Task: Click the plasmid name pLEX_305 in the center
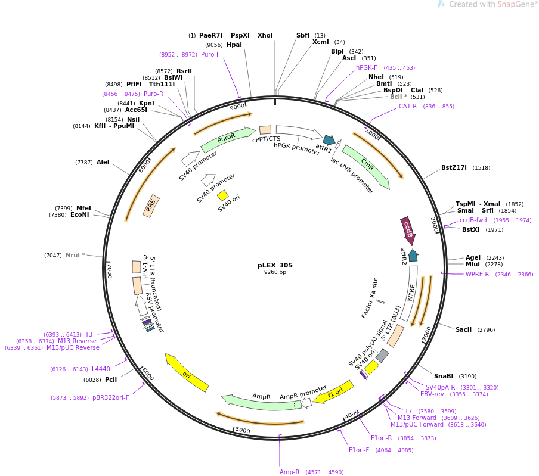(x=275, y=265)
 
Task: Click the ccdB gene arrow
(x=408, y=231)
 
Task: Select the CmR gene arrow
(x=366, y=166)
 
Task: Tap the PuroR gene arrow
(x=227, y=139)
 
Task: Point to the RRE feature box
(x=151, y=206)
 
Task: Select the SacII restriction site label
(x=463, y=329)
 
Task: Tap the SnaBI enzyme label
(x=443, y=376)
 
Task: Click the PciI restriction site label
(x=111, y=379)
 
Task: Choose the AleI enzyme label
(x=103, y=162)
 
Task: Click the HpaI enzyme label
(x=234, y=45)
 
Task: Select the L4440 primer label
(x=101, y=369)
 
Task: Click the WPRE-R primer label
(x=477, y=274)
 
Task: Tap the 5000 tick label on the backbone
(x=242, y=430)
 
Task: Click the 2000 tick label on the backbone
(x=434, y=225)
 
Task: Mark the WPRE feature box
(x=410, y=293)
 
